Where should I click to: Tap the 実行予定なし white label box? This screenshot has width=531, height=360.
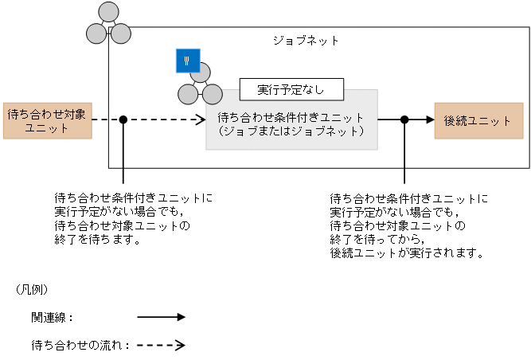pyautogui.click(x=291, y=88)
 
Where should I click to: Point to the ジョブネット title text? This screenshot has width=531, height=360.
pyautogui.click(x=306, y=40)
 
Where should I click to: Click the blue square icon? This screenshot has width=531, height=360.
pyautogui.click(x=188, y=61)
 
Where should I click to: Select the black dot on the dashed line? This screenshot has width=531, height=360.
pyautogui.click(x=123, y=119)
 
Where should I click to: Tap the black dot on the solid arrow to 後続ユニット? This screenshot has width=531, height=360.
pyautogui.click(x=404, y=119)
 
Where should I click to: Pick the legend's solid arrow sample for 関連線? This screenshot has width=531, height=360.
pyautogui.click(x=161, y=317)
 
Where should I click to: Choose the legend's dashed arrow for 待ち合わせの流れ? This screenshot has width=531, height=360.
pyautogui.click(x=161, y=346)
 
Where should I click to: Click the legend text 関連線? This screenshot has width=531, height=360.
pyautogui.click(x=53, y=317)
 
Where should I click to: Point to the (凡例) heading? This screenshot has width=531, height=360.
pyautogui.click(x=32, y=289)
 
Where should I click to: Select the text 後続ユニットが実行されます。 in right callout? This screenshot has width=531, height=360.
pyautogui.click(x=406, y=252)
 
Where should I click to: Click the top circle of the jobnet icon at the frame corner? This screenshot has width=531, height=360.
pyautogui.click(x=108, y=14)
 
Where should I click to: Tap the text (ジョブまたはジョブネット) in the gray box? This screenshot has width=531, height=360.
pyautogui.click(x=291, y=131)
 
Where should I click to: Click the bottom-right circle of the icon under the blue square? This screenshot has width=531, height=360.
pyautogui.click(x=212, y=94)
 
